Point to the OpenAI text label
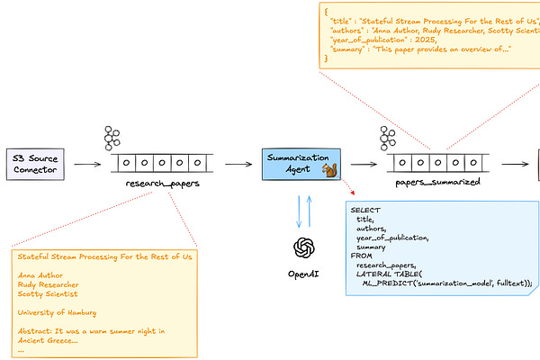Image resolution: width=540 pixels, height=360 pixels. coord(304,272)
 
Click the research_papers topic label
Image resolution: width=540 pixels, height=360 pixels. coord(162,183)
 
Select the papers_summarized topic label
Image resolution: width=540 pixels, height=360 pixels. coord(437,181)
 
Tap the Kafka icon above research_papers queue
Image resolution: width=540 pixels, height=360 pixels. coord(112,139)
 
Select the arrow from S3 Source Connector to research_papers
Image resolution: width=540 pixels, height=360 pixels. coord(87,165)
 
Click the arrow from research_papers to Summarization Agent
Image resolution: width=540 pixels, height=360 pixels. coord(238,165)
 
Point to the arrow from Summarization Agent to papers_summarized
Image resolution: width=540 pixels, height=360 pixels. coord(364,165)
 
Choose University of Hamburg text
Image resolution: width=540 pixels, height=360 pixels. coord(63,312)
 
